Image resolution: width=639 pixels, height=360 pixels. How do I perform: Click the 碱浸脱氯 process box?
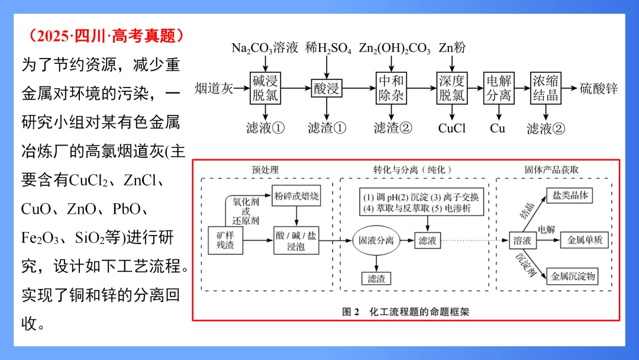264,88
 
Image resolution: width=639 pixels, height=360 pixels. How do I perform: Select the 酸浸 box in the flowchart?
327,89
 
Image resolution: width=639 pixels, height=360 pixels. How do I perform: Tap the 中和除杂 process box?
390,88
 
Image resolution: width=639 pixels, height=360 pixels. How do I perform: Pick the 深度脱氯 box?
452,88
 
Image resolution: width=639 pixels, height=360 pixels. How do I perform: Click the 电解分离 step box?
498,88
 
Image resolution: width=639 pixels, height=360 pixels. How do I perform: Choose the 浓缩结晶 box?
545,88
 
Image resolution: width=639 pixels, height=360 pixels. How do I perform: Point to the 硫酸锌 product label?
599,89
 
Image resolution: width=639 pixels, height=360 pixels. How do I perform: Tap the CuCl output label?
452,128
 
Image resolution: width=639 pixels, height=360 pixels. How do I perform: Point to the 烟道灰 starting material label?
214,89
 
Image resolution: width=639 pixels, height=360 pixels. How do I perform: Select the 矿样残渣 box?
225,240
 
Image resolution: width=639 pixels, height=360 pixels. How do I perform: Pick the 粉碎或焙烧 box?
296,196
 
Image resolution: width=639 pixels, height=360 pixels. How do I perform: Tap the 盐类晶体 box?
570,195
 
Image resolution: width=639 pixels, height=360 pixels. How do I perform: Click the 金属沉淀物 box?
573,276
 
